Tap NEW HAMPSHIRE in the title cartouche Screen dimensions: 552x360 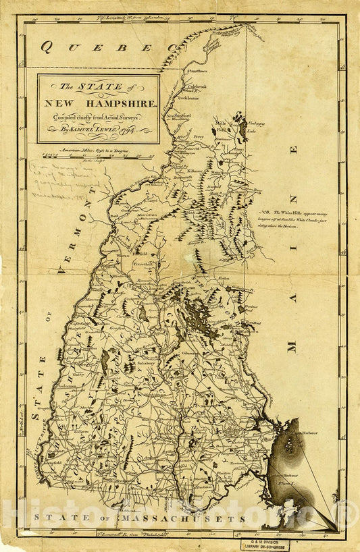pos(99,103)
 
